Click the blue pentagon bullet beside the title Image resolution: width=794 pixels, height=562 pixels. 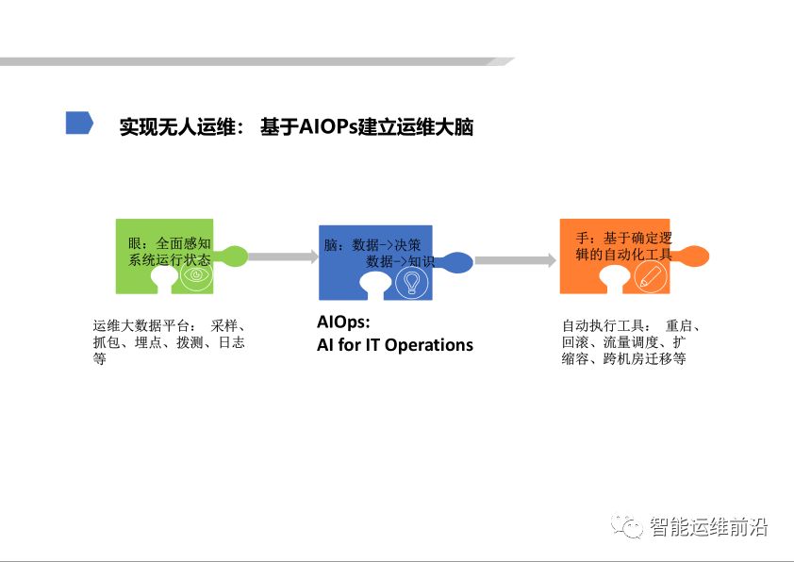pyautogui.click(x=79, y=124)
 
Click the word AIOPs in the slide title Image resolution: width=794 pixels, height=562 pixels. pyautogui.click(x=327, y=126)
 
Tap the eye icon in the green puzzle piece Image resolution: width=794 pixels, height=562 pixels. pyautogui.click(x=197, y=276)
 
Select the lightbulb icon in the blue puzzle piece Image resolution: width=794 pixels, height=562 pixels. pyautogui.click(x=410, y=282)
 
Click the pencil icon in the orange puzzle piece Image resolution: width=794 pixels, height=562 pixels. pyautogui.click(x=649, y=274)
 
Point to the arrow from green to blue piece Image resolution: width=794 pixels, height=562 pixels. pyautogui.click(x=283, y=256)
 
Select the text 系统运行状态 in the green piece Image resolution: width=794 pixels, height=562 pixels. pyautogui.click(x=170, y=259)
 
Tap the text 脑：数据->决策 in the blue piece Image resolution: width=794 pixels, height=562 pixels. pyautogui.click(x=372, y=244)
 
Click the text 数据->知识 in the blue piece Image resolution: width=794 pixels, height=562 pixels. pyautogui.click(x=400, y=260)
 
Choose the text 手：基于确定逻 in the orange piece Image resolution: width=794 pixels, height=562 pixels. pyautogui.click(x=623, y=238)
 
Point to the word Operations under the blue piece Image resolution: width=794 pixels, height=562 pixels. pyautogui.click(x=428, y=344)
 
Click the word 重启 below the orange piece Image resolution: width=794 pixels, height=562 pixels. pyautogui.click(x=679, y=325)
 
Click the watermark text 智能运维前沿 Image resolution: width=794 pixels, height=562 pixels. pyautogui.click(x=709, y=526)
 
